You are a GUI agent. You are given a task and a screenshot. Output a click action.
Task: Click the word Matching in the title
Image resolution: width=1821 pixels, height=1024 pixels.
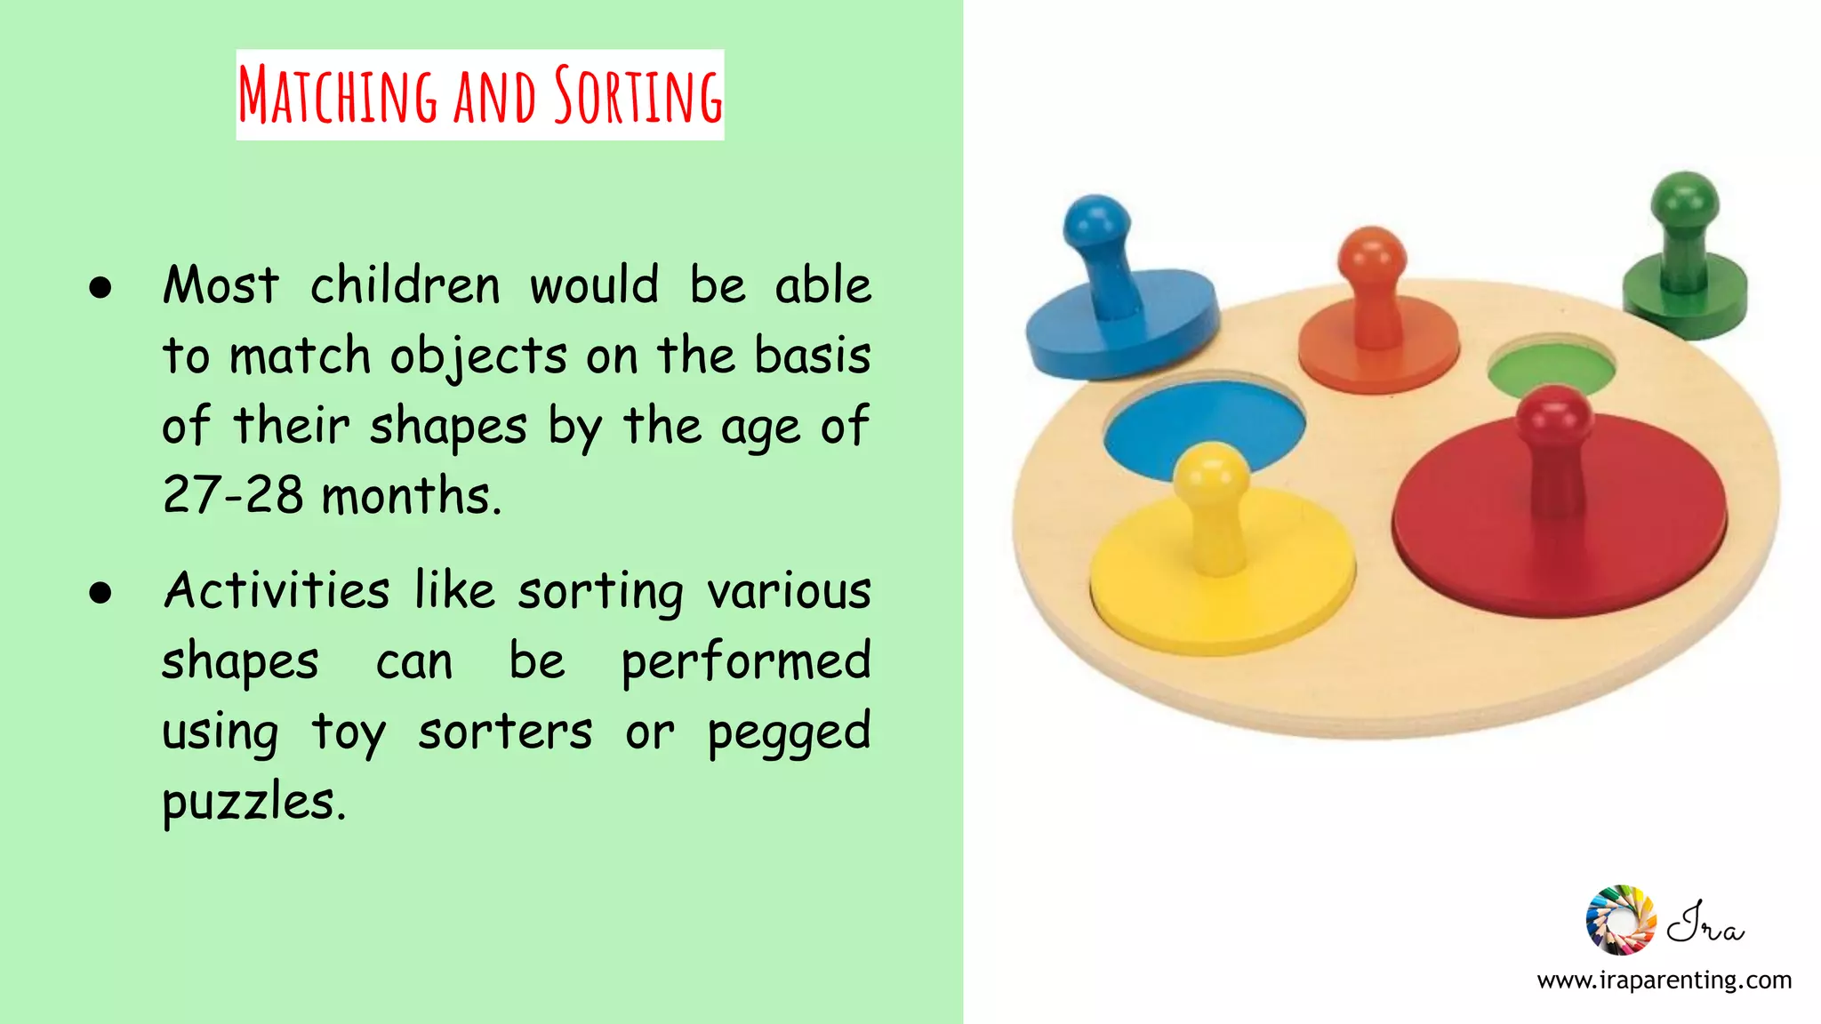point(338,95)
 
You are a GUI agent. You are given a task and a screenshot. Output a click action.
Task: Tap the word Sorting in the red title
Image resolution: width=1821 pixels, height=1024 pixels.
point(638,95)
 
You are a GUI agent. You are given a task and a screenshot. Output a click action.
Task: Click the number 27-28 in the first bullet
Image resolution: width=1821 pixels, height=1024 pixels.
point(233,495)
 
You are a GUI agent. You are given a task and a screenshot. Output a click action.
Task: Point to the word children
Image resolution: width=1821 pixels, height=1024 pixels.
point(405,286)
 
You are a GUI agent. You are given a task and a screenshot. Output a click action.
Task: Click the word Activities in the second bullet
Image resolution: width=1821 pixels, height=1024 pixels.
point(277,591)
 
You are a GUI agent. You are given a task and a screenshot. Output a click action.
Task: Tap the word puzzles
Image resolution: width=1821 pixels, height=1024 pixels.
point(253,802)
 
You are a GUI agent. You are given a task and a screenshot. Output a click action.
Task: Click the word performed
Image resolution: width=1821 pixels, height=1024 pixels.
point(745,662)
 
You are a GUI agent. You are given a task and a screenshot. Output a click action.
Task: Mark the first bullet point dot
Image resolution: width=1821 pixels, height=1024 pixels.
point(100,287)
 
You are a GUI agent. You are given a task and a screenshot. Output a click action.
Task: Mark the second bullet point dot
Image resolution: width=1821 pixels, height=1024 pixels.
point(100,593)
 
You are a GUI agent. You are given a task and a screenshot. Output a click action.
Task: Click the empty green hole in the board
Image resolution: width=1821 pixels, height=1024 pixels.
point(1552,367)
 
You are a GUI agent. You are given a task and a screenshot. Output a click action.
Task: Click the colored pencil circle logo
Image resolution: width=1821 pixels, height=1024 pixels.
point(1620,920)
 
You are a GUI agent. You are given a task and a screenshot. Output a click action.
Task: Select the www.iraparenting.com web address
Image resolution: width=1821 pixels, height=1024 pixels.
point(1664,980)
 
